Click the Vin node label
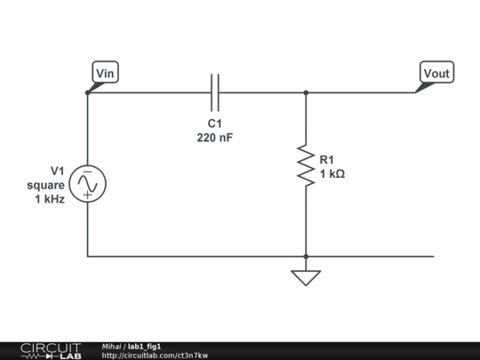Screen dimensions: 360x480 (x=105, y=73)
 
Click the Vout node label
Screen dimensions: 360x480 (x=436, y=73)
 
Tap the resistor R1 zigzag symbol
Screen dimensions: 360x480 (x=306, y=166)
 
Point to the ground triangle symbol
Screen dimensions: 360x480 (x=306, y=277)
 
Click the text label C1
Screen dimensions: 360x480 (x=214, y=123)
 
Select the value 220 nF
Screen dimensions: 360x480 (x=214, y=138)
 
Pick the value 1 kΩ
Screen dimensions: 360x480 (x=332, y=174)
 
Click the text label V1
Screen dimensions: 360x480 (x=58, y=170)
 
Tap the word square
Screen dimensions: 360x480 (x=46, y=185)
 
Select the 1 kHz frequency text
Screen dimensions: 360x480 (x=50, y=200)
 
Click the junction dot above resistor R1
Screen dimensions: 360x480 (x=306, y=92)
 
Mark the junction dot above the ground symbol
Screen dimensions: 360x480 (x=306, y=256)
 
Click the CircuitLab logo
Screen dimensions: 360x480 (x=50, y=350)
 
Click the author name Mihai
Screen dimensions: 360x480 (x=111, y=346)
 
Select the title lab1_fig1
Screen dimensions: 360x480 (x=145, y=346)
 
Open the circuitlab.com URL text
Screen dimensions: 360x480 (x=155, y=356)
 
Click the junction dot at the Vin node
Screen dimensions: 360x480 (x=87, y=92)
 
